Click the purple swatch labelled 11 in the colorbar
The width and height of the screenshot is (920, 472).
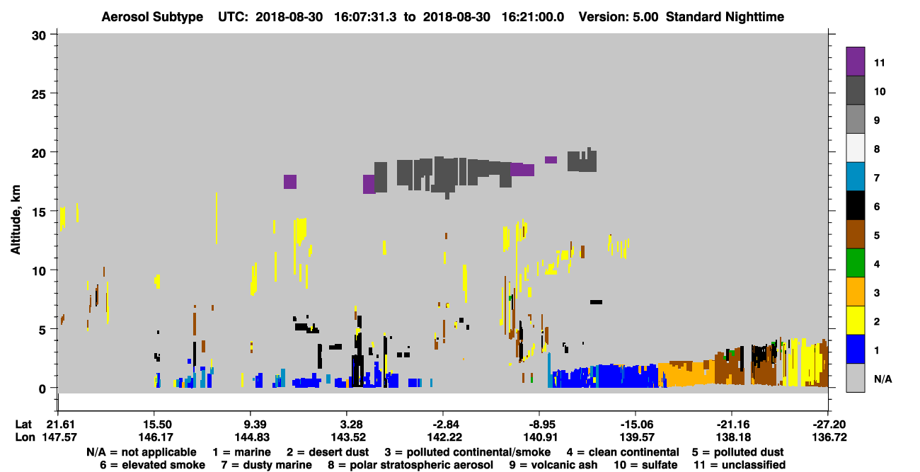(855, 61)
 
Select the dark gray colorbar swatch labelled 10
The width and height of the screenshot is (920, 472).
(855, 90)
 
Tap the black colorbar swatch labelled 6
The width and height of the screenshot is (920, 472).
(855, 205)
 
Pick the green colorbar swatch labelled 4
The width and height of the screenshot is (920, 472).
(855, 263)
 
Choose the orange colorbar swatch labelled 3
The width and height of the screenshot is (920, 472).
(855, 292)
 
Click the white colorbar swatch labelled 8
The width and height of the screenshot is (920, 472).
(855, 148)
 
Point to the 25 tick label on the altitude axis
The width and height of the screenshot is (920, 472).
(39, 95)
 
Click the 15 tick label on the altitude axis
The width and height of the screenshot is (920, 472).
(39, 212)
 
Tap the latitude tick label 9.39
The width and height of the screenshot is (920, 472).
(251, 425)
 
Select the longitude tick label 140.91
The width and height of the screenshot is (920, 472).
(540, 437)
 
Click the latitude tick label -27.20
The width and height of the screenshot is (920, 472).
(829, 425)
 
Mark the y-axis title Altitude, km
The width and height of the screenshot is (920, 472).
(16, 219)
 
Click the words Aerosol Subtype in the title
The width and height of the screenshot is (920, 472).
(152, 17)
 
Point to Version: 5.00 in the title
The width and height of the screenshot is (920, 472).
(619, 17)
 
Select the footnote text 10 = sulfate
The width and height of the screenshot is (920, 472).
(645, 465)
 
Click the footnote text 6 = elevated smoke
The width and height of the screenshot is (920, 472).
(152, 465)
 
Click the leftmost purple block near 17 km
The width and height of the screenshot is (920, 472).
(290, 182)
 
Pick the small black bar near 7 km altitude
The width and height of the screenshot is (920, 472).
(596, 302)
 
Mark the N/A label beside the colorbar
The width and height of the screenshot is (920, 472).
(882, 379)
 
